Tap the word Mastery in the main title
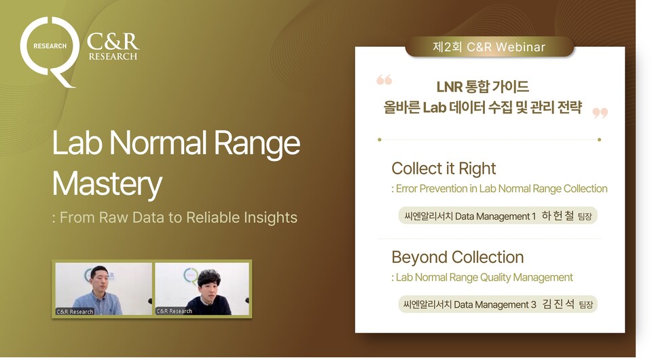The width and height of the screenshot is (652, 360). pyautogui.click(x=107, y=183)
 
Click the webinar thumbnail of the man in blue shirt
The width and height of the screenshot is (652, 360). pyautogui.click(x=103, y=289)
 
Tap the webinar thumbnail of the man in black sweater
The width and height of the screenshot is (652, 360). pyautogui.click(x=202, y=289)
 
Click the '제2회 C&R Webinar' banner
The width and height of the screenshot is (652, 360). pyautogui.click(x=489, y=47)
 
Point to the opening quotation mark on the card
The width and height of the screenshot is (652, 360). pyautogui.click(x=384, y=80)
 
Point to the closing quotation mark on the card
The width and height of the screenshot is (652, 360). pyautogui.click(x=600, y=112)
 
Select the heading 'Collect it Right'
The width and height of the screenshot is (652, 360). pyautogui.click(x=443, y=168)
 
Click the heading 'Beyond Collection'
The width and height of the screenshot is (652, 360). pyautogui.click(x=457, y=257)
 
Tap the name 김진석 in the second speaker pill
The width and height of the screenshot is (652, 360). pyautogui.click(x=558, y=304)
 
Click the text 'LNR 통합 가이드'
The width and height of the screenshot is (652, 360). pyautogui.click(x=482, y=87)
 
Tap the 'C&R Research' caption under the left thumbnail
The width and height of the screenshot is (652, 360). pyautogui.click(x=75, y=312)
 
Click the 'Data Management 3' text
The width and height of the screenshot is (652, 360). pyautogui.click(x=495, y=304)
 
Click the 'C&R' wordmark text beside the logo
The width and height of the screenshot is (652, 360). pyautogui.click(x=113, y=41)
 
